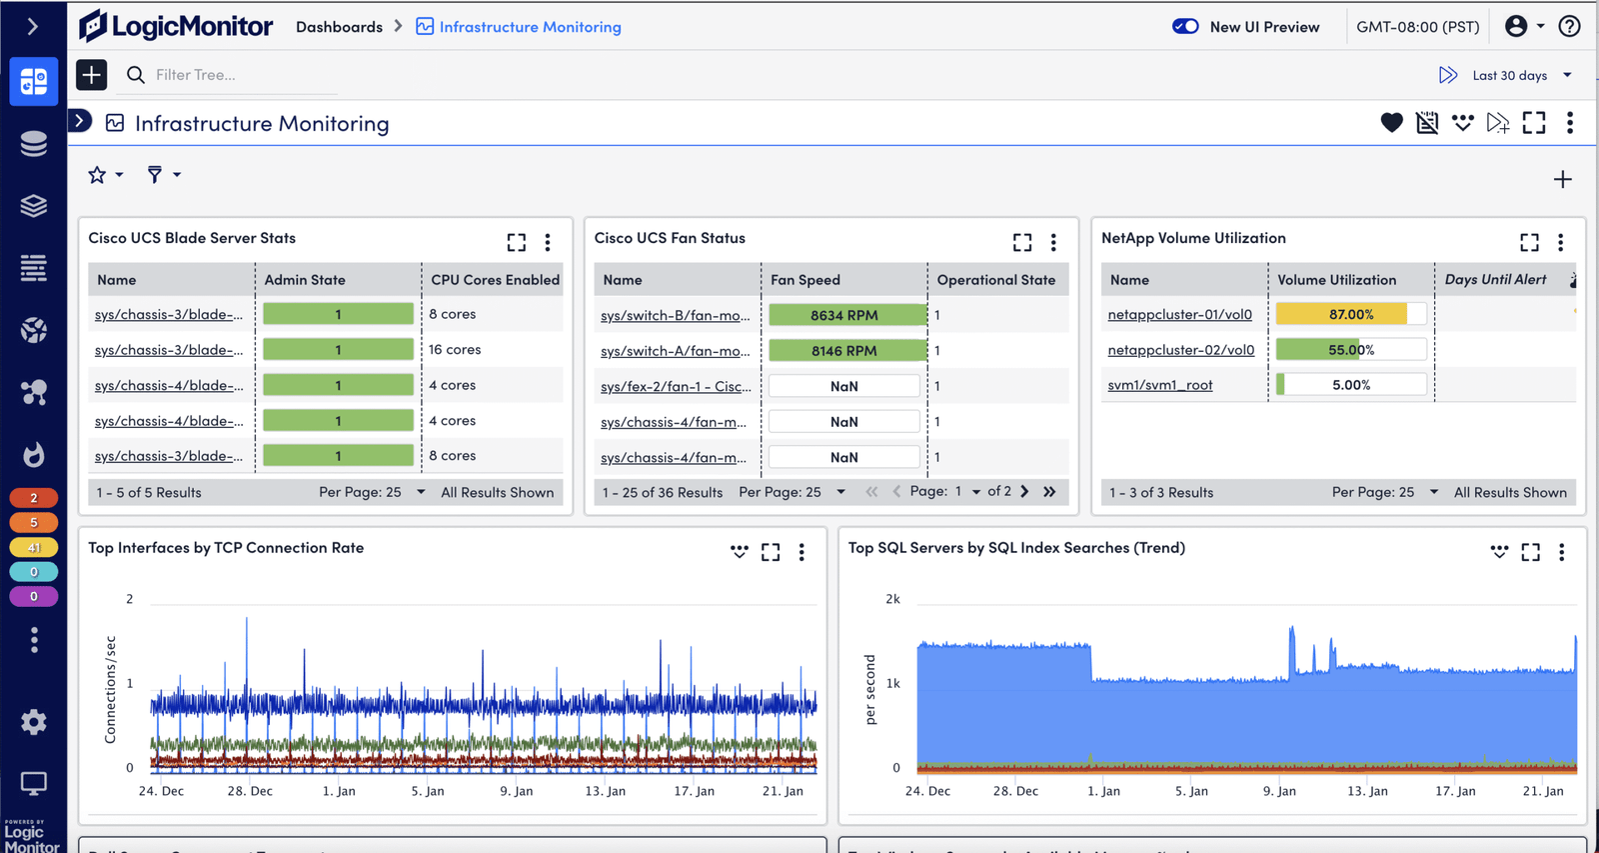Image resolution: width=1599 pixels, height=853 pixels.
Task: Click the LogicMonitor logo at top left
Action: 176,26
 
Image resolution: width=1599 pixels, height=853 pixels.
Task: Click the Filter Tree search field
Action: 240,75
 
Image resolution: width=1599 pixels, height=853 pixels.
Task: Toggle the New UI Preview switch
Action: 1185,27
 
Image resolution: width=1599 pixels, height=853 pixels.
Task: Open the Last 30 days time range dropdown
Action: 1519,75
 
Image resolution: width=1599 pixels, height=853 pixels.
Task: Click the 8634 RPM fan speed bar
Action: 844,315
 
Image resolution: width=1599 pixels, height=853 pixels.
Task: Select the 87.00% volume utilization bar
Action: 1350,314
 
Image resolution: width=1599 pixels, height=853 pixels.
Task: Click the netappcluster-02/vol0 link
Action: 1180,350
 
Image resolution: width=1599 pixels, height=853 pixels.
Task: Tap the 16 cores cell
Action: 455,350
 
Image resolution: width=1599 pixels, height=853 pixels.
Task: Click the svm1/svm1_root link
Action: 1159,385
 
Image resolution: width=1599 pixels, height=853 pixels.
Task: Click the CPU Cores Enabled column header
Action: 495,280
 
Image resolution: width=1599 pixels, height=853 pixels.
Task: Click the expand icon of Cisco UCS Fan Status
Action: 1021,242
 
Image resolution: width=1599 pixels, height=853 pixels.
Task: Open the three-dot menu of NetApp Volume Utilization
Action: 1560,242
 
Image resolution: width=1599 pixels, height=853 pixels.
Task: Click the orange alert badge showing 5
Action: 34,522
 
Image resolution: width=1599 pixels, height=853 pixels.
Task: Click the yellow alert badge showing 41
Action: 34,547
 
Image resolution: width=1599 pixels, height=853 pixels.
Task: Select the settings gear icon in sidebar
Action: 34,722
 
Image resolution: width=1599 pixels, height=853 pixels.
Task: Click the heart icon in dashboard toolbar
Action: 1391,123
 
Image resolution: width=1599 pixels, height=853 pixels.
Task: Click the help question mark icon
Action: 1569,27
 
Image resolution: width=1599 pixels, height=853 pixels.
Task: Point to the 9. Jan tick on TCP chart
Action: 517,791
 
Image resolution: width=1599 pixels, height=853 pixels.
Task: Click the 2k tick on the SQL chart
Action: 892,599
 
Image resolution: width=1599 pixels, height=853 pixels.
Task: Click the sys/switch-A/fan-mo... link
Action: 675,351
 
